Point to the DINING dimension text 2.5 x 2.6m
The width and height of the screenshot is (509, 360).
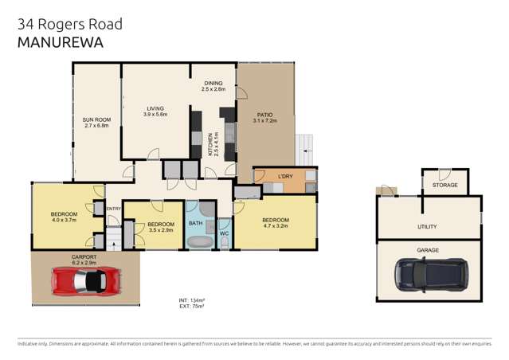[x=213, y=89]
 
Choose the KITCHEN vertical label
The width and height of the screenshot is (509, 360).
[x=211, y=144]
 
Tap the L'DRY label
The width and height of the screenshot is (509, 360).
[x=285, y=175]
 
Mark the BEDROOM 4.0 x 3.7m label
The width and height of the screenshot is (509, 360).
[x=64, y=214]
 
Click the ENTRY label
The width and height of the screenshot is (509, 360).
[x=112, y=209]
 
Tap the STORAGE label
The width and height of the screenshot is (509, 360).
[x=445, y=185]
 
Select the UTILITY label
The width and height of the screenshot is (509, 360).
[x=427, y=226]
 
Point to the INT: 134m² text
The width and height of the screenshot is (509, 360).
[x=192, y=299]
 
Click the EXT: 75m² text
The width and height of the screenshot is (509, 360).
[x=192, y=306]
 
